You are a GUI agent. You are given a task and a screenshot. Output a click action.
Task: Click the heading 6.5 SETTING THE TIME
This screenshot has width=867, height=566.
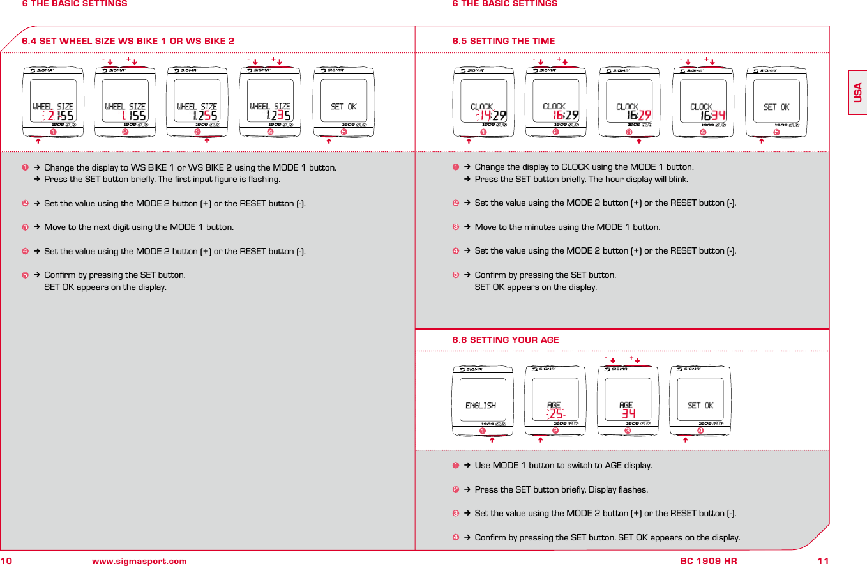pos(503,41)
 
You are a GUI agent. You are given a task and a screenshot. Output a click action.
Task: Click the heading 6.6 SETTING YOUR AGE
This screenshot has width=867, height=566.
pos(505,340)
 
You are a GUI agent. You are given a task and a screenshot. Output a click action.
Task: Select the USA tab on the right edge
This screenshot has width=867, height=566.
pos(857,93)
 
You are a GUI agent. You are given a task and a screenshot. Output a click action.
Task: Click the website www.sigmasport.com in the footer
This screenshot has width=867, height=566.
pos(139,561)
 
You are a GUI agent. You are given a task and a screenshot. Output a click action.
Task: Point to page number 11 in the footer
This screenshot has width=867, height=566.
pos(823,561)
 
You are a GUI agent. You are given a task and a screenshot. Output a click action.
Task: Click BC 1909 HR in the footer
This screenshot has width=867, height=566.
pos(709,561)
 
